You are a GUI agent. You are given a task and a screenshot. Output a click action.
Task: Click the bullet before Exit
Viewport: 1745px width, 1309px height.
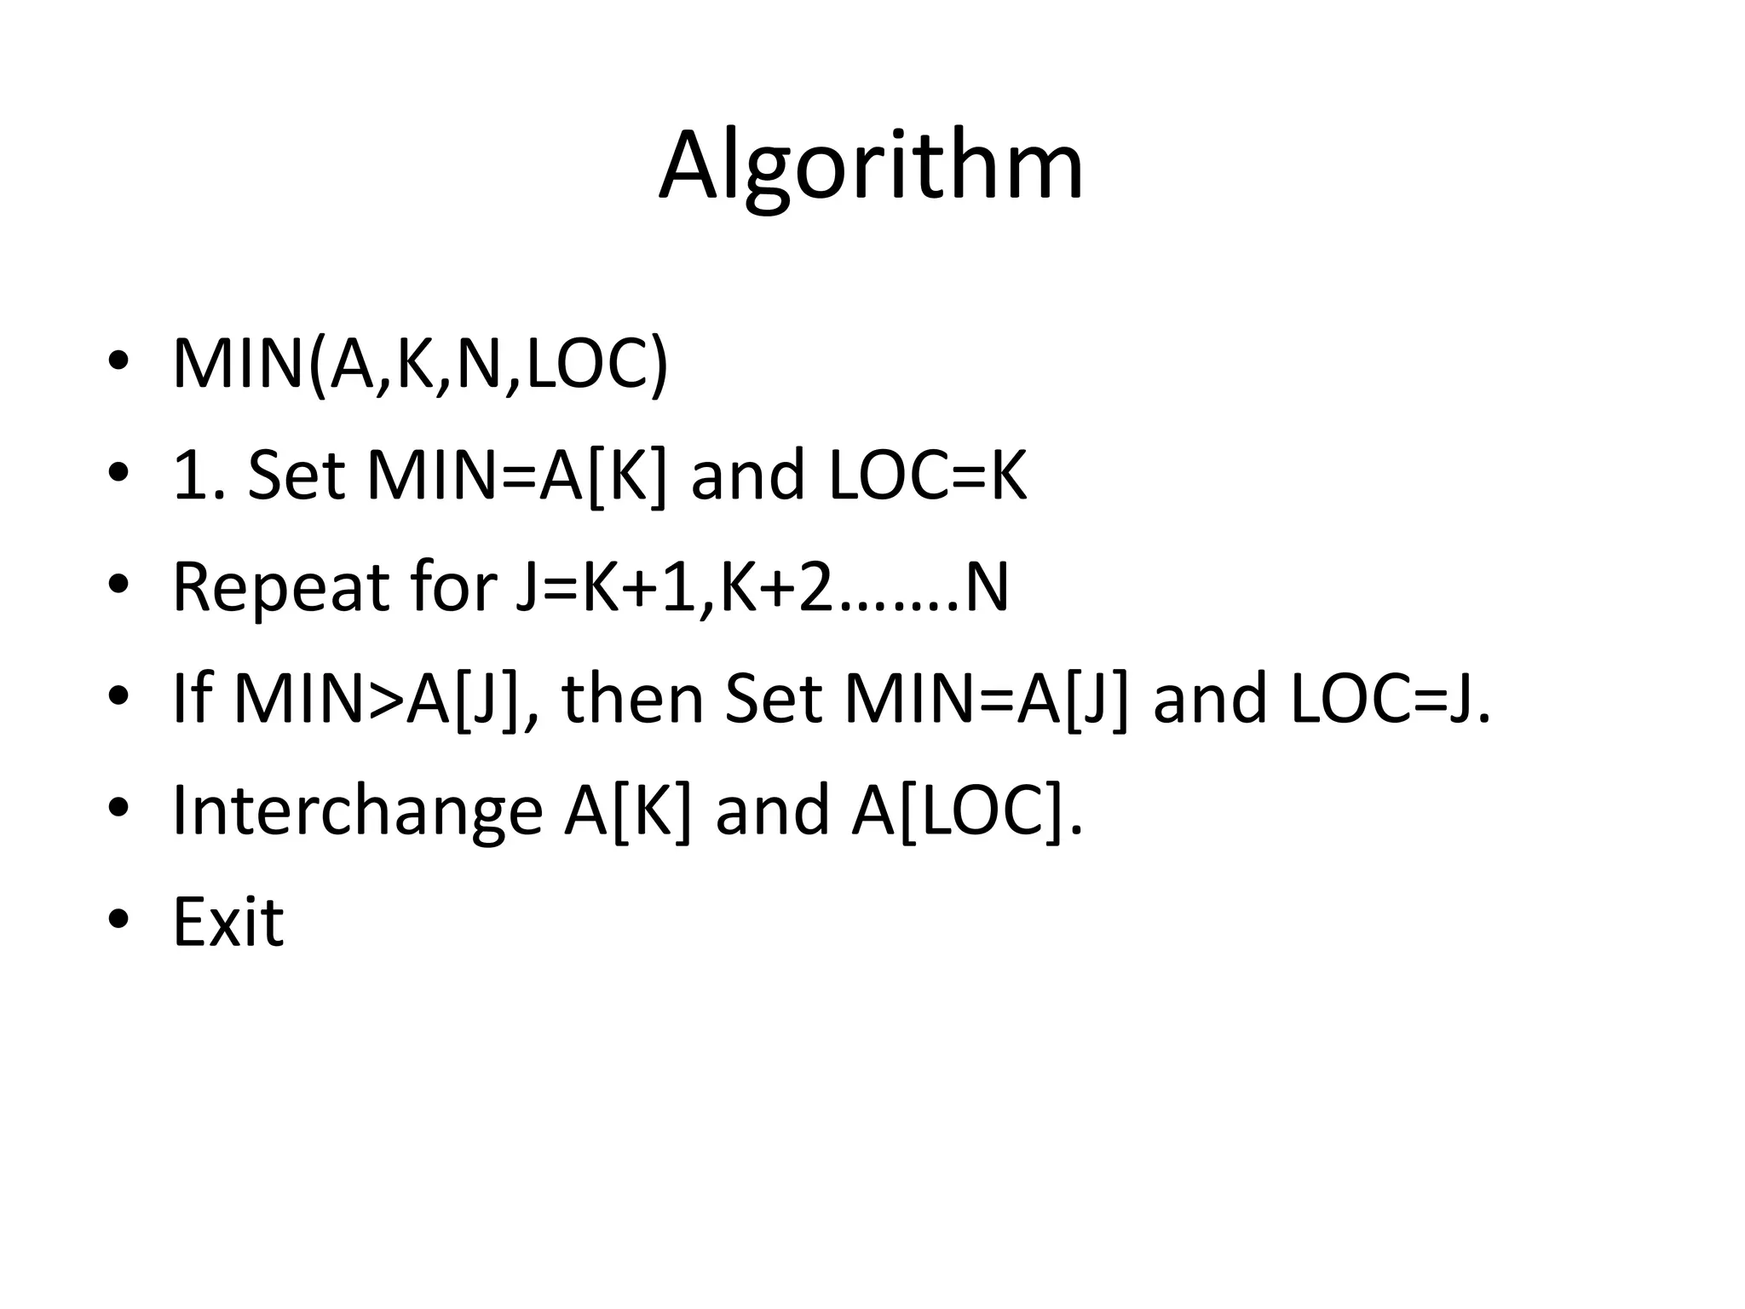(x=118, y=920)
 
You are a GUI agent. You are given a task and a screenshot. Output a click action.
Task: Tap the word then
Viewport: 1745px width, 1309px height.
(x=634, y=698)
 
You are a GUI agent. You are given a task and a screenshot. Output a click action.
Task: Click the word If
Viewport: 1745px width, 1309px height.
(x=192, y=698)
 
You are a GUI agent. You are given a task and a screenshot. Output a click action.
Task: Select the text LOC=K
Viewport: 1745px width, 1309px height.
(x=928, y=476)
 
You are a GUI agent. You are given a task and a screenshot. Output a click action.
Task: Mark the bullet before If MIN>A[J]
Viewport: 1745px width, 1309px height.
(x=118, y=696)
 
